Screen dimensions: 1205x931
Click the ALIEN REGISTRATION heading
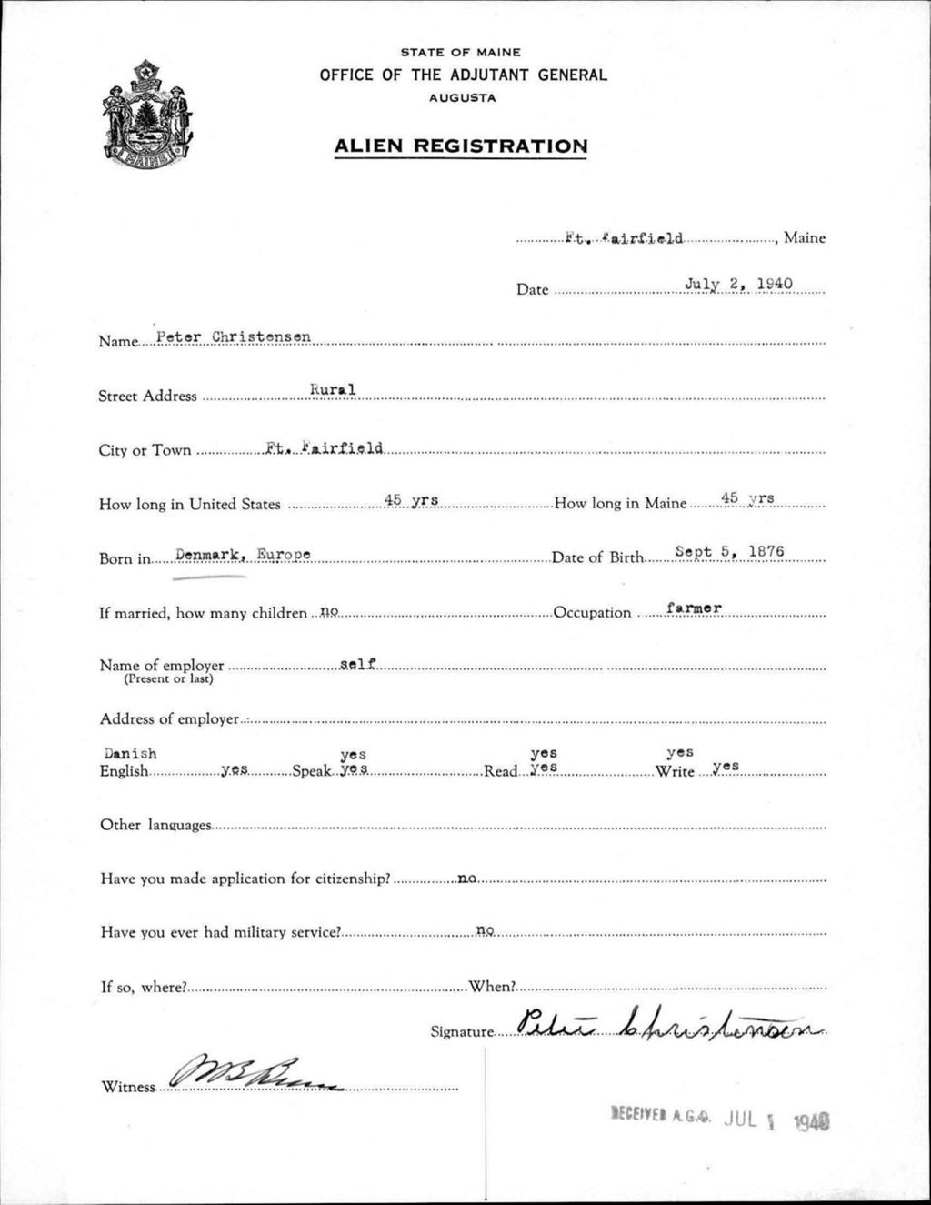click(460, 146)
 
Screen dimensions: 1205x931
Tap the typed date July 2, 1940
click(738, 284)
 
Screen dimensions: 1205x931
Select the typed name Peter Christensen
click(234, 336)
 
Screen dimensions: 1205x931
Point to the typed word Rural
click(333, 390)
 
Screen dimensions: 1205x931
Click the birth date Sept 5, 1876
click(729, 552)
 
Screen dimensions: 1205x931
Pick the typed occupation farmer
click(693, 607)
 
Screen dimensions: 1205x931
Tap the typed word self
click(357, 664)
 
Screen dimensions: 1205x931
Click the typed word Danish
click(130, 753)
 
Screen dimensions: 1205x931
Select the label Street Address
click(147, 397)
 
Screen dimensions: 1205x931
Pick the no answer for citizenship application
click(467, 878)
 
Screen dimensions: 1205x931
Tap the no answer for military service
click(485, 930)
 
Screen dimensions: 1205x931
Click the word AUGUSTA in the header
click(462, 98)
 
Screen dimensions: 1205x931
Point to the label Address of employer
click(169, 719)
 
